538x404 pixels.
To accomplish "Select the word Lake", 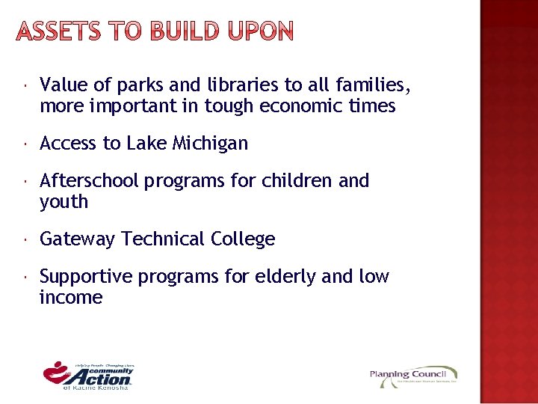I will (145, 144).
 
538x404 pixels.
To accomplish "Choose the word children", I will (297, 181).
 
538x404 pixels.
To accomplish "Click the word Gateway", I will (78, 239).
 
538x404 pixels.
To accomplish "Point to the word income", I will (70, 298).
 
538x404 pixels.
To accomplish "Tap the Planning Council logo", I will (413, 376).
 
